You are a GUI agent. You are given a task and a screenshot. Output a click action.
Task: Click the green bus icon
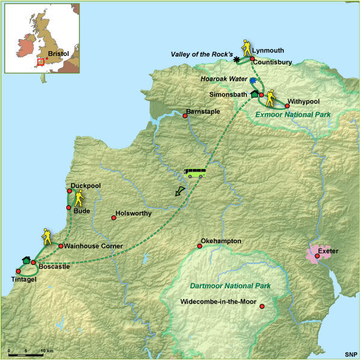(x=195, y=173)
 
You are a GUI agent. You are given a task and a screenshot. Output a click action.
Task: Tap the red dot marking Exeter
(x=317, y=256)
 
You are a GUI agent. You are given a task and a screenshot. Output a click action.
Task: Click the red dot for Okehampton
(x=200, y=246)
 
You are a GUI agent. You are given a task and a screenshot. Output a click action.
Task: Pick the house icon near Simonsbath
(x=254, y=93)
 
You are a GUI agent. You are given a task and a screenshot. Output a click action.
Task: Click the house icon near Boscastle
(x=26, y=259)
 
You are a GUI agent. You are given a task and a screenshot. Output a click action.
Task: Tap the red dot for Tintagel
(x=18, y=270)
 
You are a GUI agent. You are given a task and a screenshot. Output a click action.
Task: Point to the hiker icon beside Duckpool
(x=78, y=198)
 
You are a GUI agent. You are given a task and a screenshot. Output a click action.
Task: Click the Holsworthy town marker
(x=113, y=217)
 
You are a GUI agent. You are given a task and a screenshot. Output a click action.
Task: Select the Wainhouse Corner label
(x=93, y=246)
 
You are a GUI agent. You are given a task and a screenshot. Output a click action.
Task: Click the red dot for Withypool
(x=287, y=105)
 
